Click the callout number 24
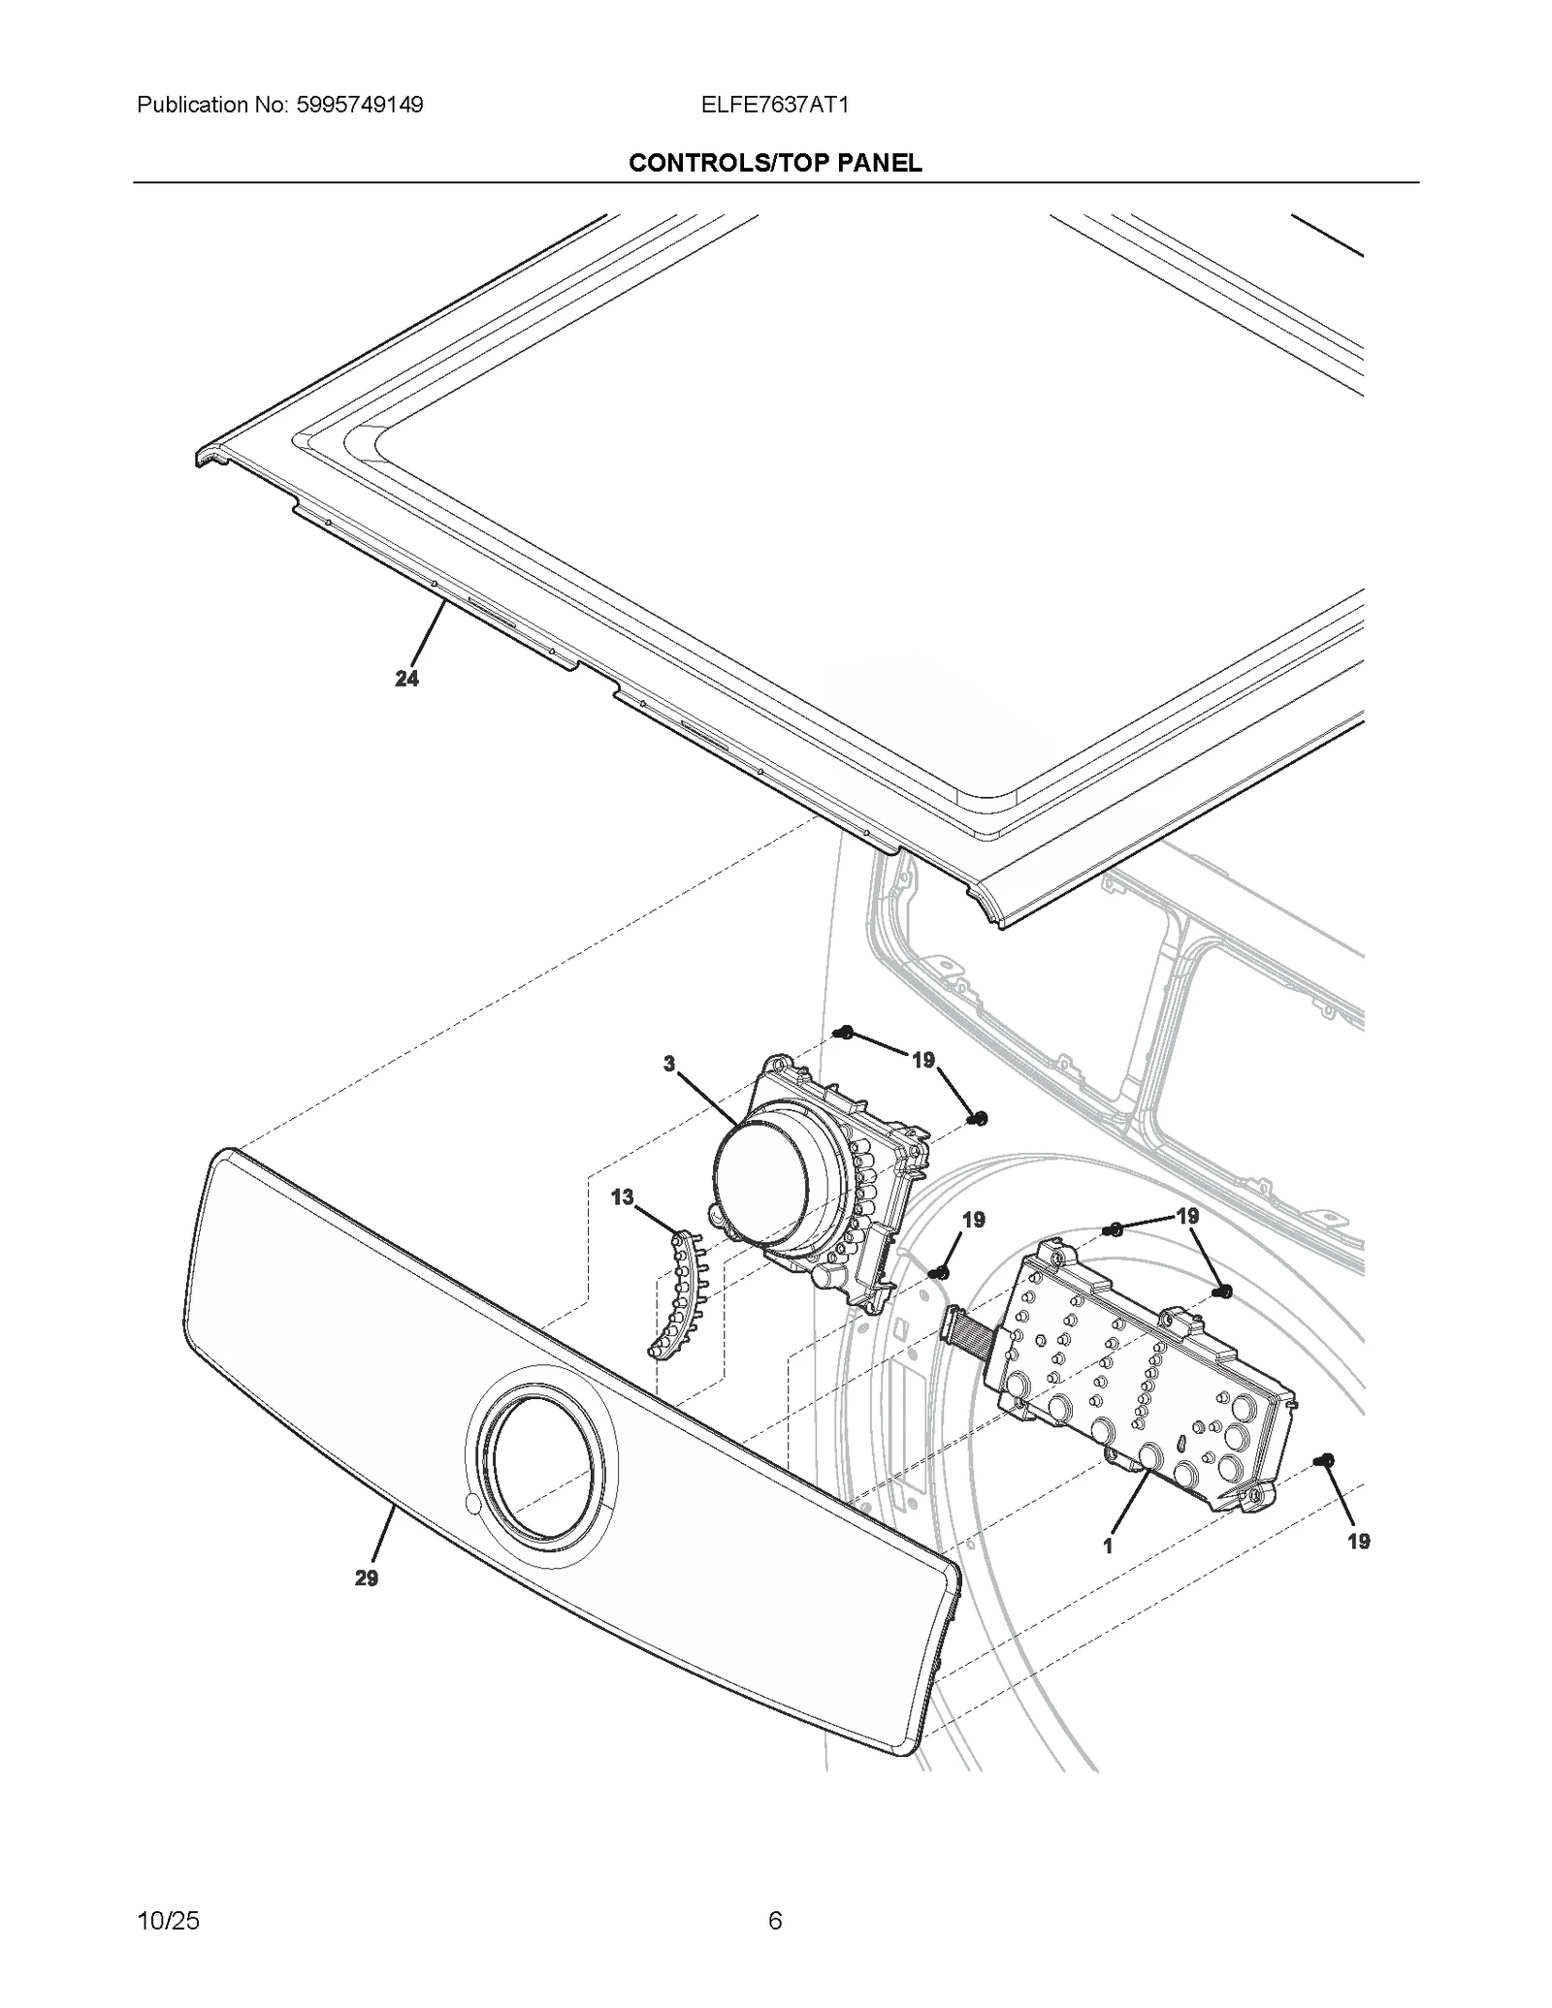coord(406,679)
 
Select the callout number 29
coord(366,1578)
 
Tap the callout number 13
coord(622,1197)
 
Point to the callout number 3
coord(669,1064)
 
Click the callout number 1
coord(1108,1546)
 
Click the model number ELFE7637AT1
coord(775,105)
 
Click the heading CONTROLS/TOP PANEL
coord(775,163)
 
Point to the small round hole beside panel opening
coord(472,1504)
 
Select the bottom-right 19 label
coord(1358,1542)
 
